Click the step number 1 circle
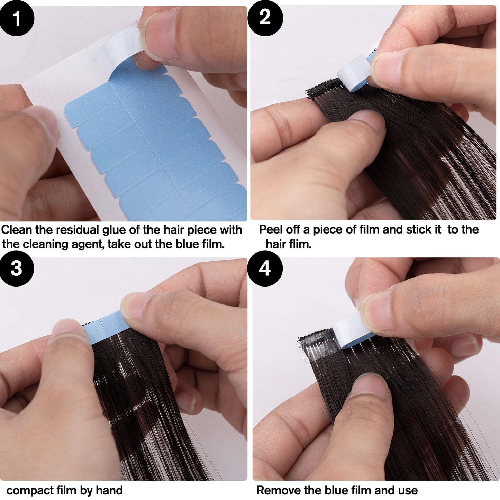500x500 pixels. click(x=17, y=18)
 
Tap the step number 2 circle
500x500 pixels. click(x=265, y=18)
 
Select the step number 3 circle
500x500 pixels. click(x=17, y=268)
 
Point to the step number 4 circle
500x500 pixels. click(x=265, y=269)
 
